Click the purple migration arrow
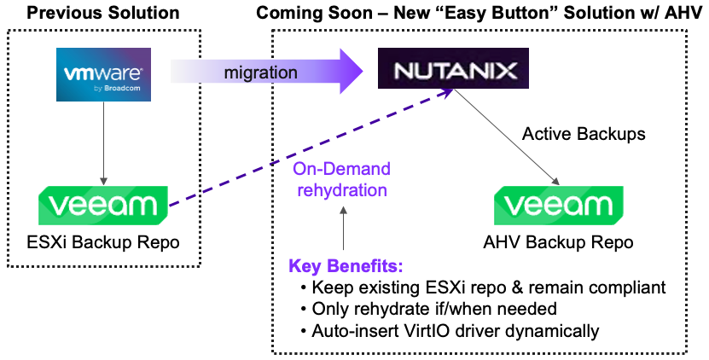[265, 72]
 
